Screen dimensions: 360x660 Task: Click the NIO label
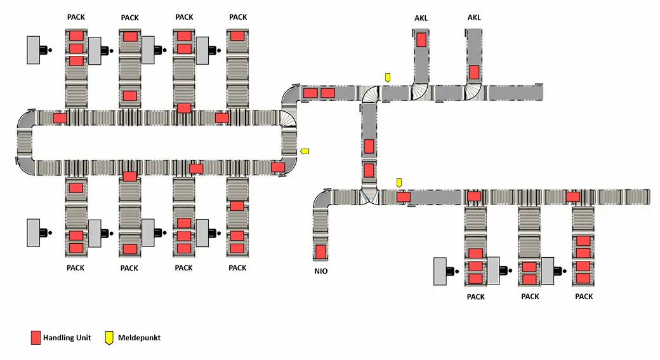[320, 271]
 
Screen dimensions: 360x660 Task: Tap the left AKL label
[421, 18]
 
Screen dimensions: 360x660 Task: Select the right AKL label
[474, 18]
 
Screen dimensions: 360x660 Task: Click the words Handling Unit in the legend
[67, 338]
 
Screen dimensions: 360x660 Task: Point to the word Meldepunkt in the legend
[139, 338]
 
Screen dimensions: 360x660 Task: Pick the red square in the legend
[36, 338]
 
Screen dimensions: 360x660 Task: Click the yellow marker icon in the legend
[110, 338]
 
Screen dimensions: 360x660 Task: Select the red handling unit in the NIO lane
[320, 251]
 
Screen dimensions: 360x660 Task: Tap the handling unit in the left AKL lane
[421, 40]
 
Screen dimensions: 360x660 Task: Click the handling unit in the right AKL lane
[474, 72]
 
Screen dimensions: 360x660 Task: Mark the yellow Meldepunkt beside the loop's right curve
[305, 151]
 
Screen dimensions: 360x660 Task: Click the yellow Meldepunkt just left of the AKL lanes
[387, 77]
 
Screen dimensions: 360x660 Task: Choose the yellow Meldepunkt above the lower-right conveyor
[399, 183]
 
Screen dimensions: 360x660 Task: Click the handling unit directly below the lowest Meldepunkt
[403, 197]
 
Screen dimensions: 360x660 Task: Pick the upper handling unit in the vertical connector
[369, 146]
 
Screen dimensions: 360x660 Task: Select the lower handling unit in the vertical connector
[369, 170]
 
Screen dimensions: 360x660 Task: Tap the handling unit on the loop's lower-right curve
[278, 167]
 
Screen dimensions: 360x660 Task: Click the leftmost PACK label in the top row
[76, 17]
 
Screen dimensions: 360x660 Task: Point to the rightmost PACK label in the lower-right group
[584, 297]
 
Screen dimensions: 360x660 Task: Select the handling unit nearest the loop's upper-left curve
[60, 117]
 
